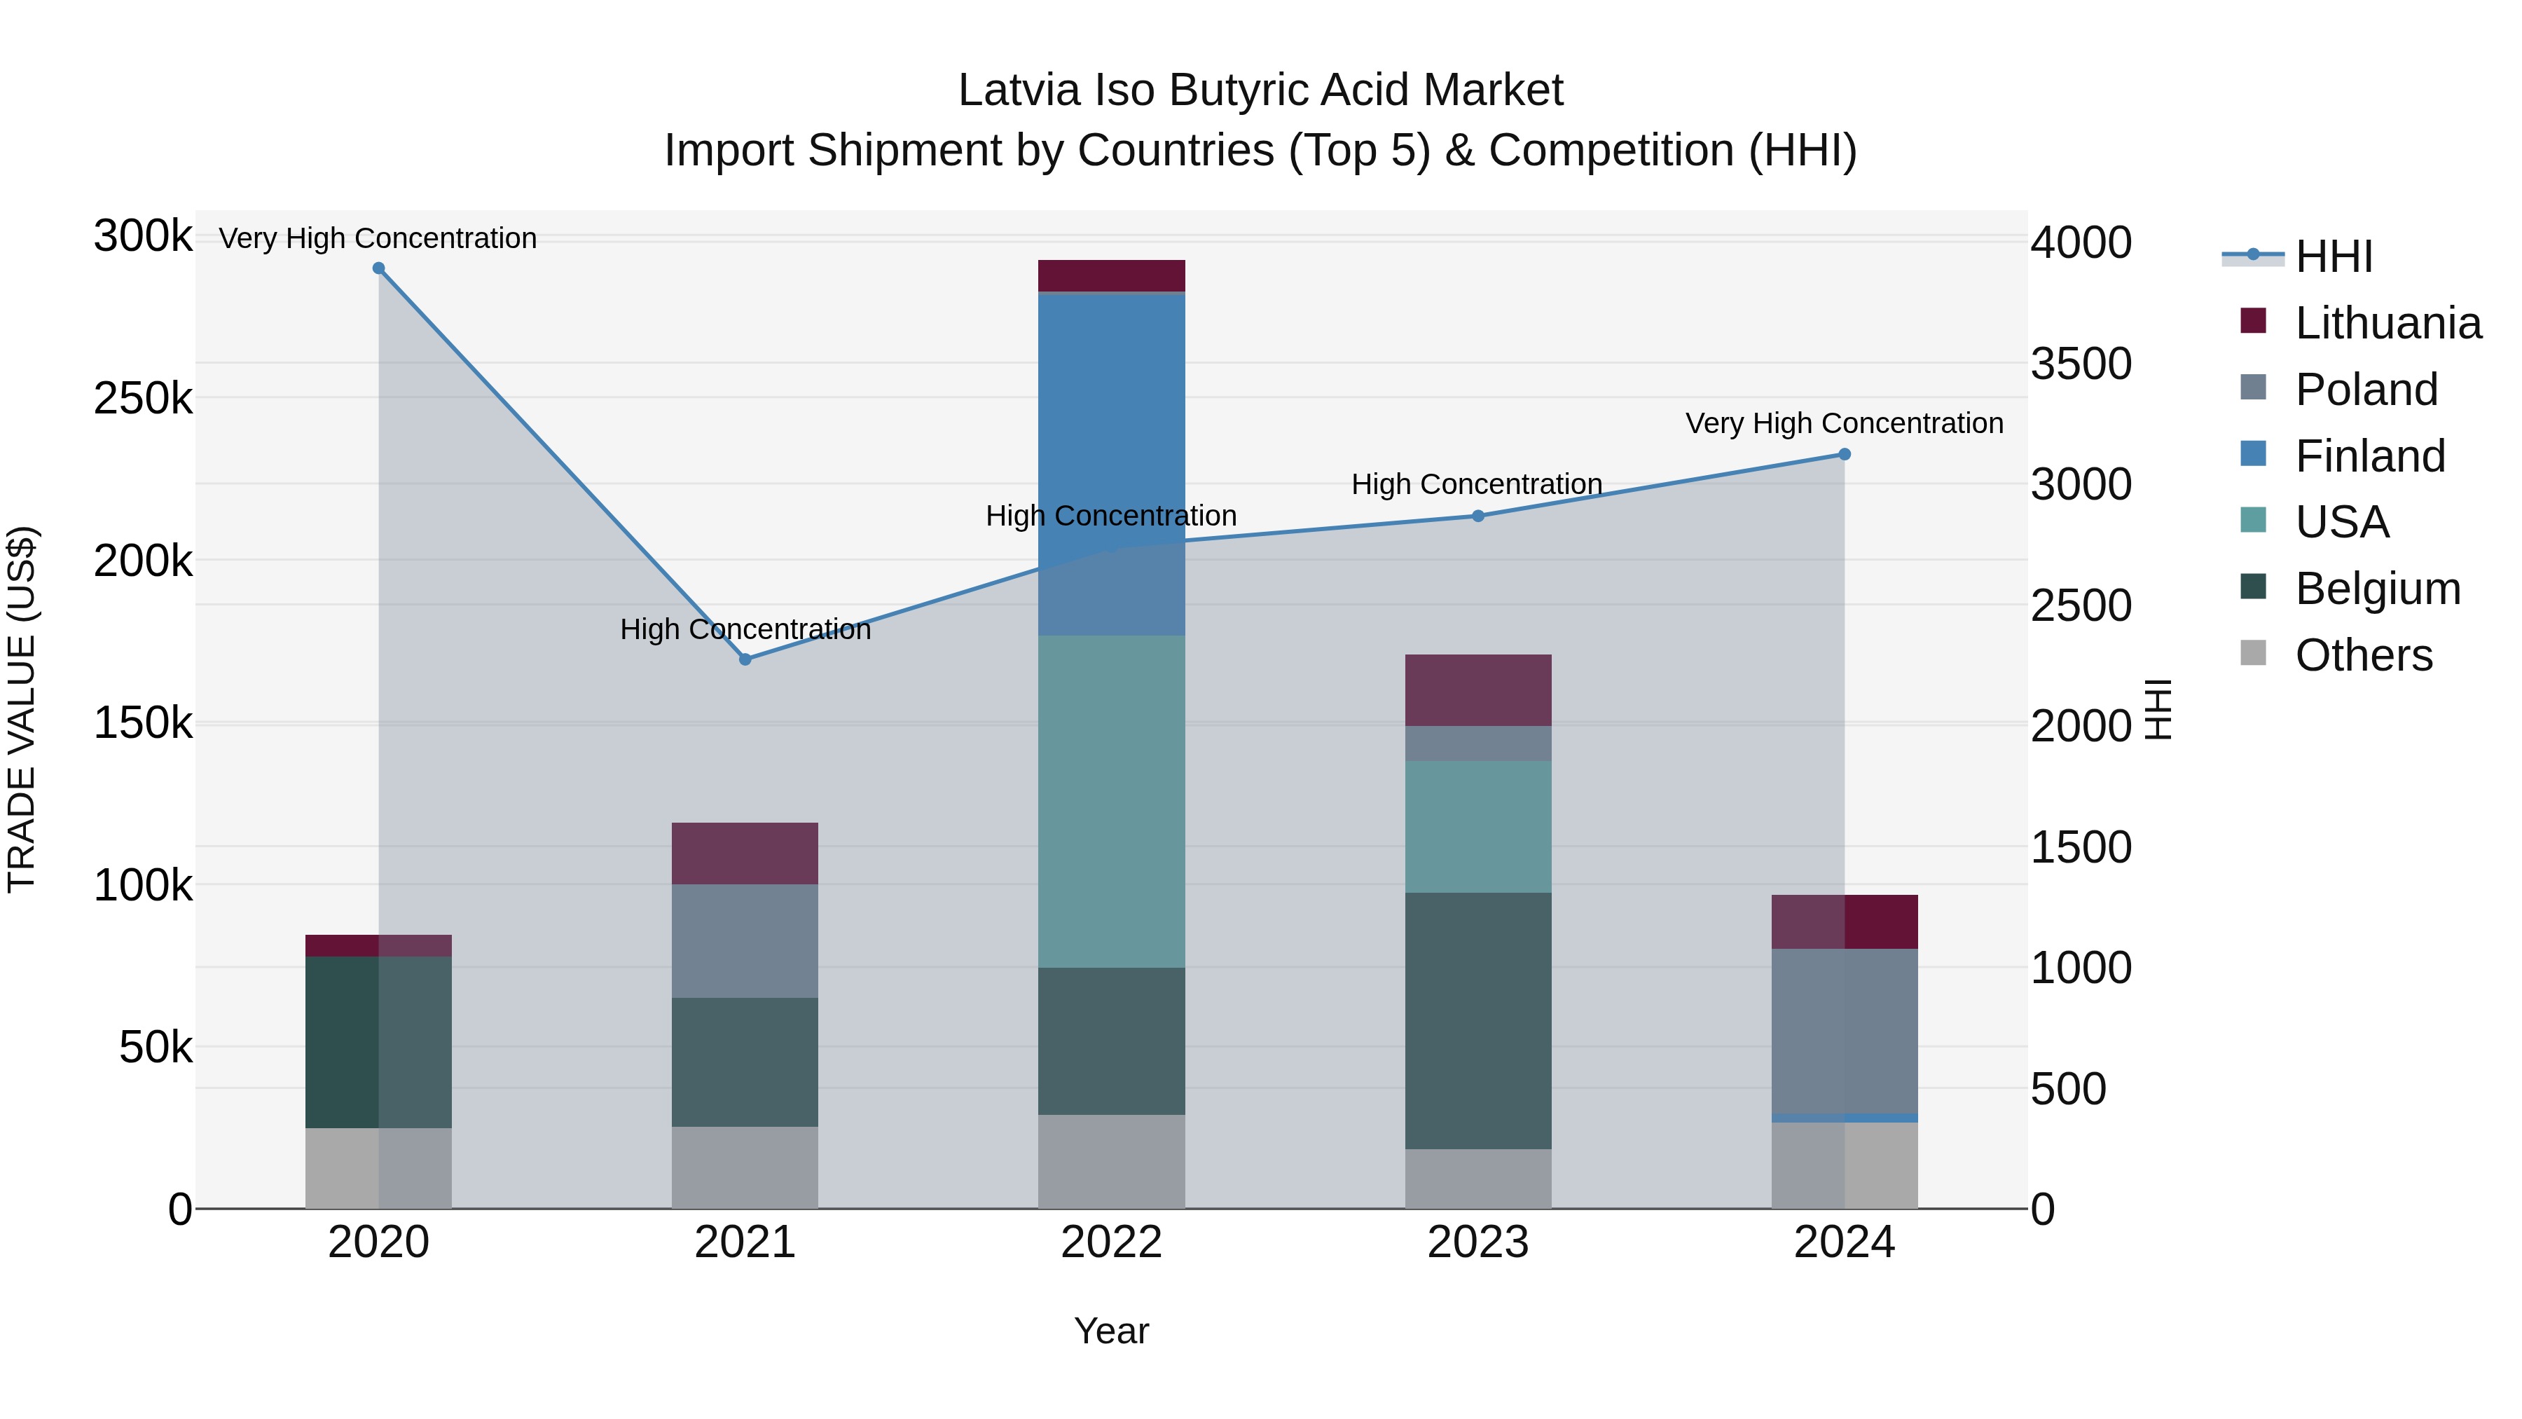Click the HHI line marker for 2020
point(379,268)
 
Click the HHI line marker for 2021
point(745,660)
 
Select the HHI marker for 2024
point(1845,454)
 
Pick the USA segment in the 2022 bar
point(1111,801)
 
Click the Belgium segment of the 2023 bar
point(1478,1020)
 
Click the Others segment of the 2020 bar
point(379,1167)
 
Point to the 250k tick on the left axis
point(143,399)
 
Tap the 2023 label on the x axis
point(1477,1242)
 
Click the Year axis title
point(1111,1331)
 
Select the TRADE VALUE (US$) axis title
point(22,709)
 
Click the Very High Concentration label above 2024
point(1844,423)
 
